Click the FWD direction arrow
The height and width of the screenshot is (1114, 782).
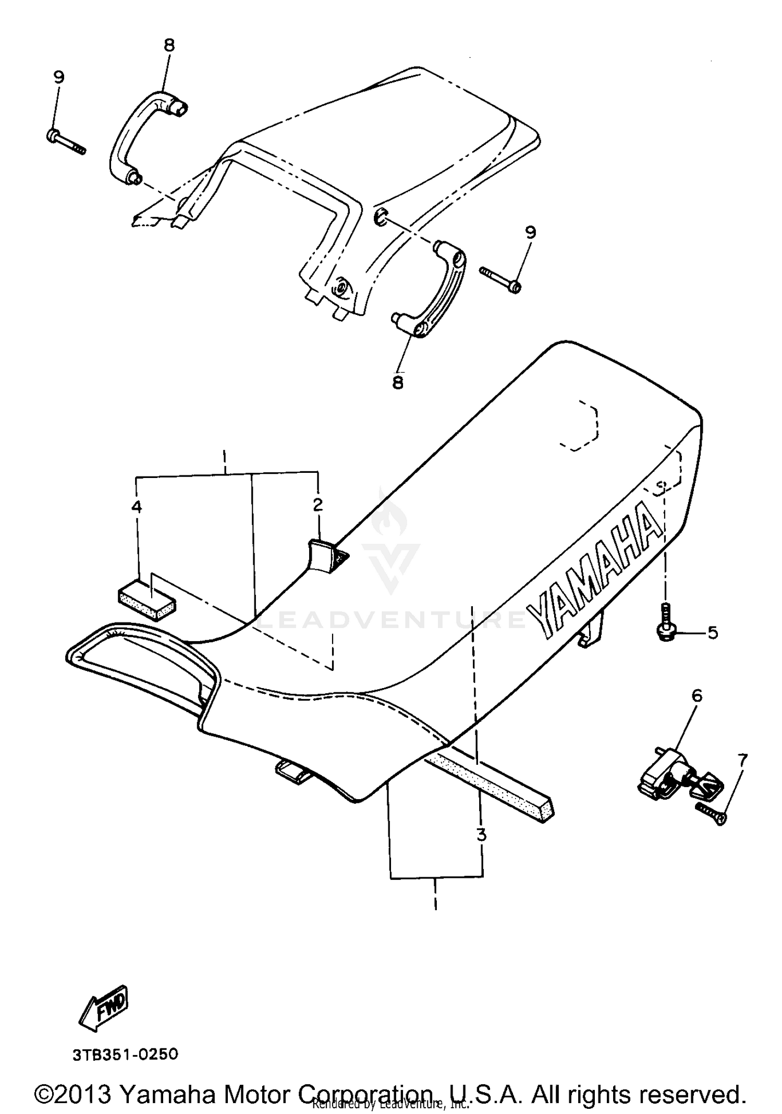103,1007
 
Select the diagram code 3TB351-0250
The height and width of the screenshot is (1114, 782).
125,1055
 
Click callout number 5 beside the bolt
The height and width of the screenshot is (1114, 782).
713,632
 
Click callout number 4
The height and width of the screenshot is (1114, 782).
137,506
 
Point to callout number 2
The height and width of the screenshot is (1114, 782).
317,505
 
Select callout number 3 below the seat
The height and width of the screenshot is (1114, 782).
481,835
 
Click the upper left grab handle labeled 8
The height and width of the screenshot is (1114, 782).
141,136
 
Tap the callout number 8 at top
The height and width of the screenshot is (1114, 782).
169,45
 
